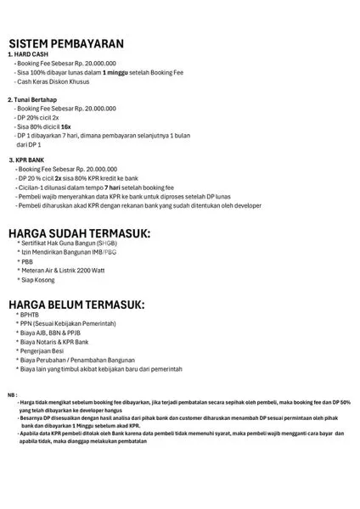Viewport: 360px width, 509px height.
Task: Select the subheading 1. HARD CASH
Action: tap(31, 54)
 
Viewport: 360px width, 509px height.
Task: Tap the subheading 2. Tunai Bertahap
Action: tap(38, 100)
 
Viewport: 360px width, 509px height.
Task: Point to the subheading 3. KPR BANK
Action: tap(33, 159)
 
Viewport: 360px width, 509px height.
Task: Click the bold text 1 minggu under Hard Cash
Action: tap(117, 73)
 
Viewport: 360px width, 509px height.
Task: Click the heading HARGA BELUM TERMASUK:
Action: tap(76, 304)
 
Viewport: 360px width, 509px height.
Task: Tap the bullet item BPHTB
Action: tap(35, 315)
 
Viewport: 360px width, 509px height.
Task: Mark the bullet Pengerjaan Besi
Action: tap(51, 352)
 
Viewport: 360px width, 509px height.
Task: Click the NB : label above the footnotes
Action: tap(13, 395)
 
